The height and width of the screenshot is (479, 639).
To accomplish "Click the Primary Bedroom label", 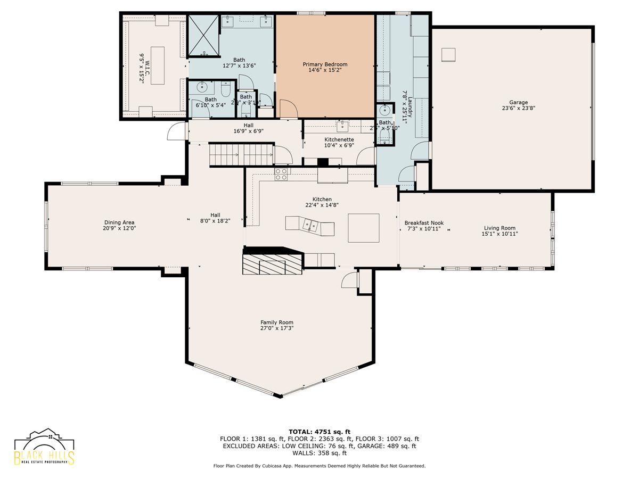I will click(x=325, y=64).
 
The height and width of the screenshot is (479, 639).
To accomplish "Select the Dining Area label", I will click(x=119, y=222).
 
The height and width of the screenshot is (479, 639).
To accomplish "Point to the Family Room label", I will click(x=276, y=322).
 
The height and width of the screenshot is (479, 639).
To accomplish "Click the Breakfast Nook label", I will click(x=424, y=223).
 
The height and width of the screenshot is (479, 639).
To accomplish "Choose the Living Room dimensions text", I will click(x=499, y=234).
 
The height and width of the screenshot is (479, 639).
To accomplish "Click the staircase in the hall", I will click(x=240, y=155).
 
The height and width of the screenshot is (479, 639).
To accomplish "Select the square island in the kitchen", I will click(x=364, y=228).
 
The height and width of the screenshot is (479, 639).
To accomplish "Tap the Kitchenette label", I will click(x=339, y=139).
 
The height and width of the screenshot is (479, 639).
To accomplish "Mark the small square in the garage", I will click(x=449, y=54).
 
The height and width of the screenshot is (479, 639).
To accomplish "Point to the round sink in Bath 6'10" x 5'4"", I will click(x=202, y=87).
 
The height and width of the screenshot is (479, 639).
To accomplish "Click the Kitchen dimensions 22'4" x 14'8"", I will click(x=322, y=204).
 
